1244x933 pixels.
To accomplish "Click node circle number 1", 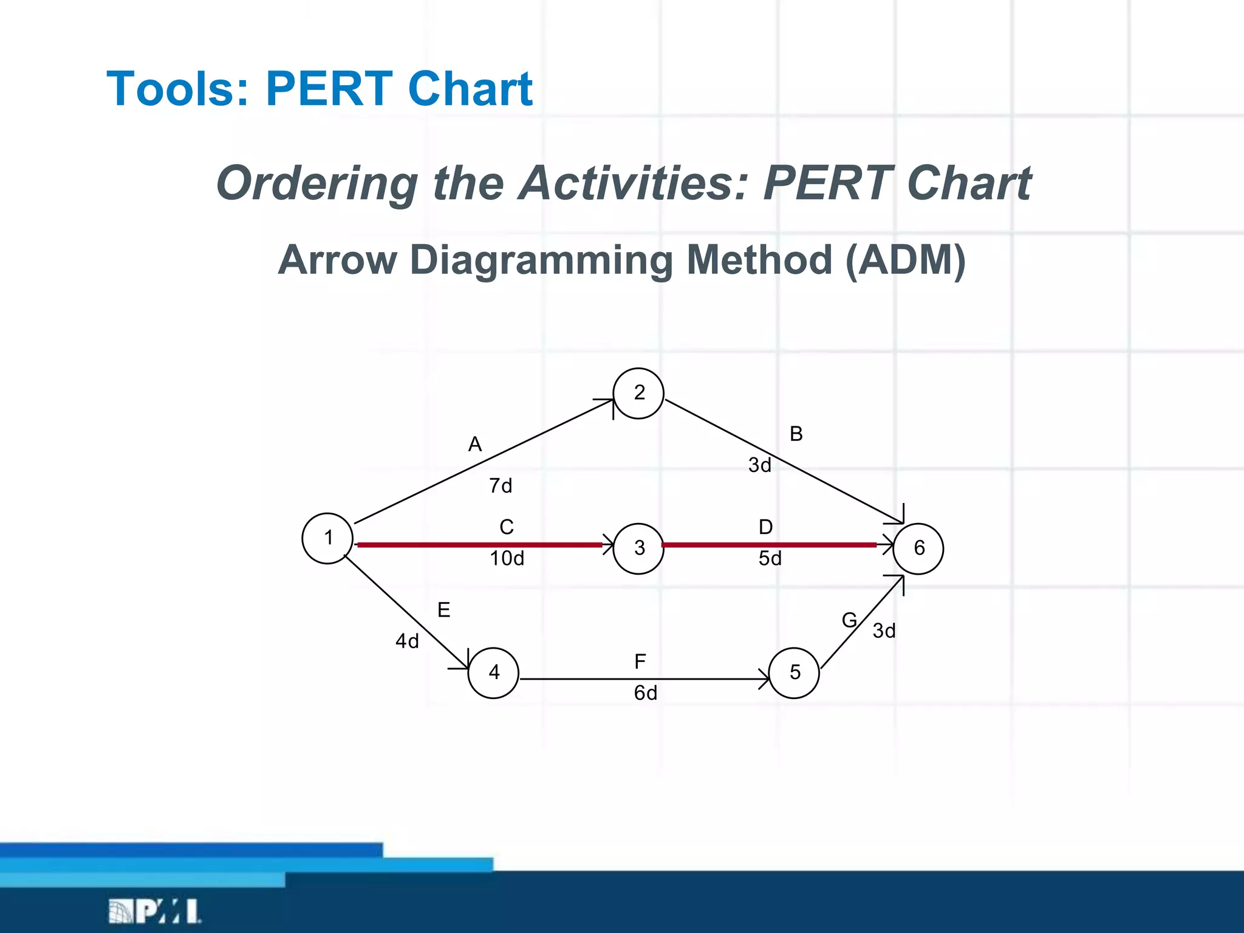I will coord(327,538).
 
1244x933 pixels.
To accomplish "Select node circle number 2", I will coord(638,393).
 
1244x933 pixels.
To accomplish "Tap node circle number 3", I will coord(638,549).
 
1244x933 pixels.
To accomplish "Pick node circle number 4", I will coord(493,672).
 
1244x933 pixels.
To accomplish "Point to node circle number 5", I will coord(794,672).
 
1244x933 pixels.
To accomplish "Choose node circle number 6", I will coord(918,549).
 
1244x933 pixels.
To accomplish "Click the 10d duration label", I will coord(507,558).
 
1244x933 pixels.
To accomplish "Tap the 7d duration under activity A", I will coord(501,486).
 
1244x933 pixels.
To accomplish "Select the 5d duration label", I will coord(770,558).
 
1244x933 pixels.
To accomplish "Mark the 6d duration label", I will coord(645,693).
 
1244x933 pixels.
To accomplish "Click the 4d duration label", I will coord(407,641).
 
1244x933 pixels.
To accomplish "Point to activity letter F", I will coord(640,661).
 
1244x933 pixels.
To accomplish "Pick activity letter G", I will coord(849,620).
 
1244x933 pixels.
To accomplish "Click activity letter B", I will coord(796,434).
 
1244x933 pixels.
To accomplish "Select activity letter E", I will coord(443,610).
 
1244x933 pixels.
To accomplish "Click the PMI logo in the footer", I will coord(154,911).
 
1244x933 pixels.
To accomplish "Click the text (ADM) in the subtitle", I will coord(905,260).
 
